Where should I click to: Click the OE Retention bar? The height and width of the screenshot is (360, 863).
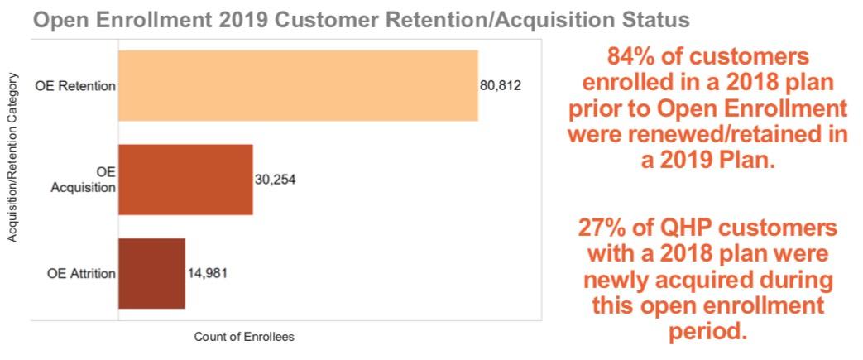point(298,86)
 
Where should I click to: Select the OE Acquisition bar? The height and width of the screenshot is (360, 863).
point(185,180)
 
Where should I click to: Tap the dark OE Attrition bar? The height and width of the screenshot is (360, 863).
point(151,274)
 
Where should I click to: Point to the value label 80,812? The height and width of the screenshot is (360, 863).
point(501,86)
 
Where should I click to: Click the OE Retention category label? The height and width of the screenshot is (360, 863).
point(75,86)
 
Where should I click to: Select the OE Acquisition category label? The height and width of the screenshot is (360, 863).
point(83,180)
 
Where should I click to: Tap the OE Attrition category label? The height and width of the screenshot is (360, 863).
point(75,274)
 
